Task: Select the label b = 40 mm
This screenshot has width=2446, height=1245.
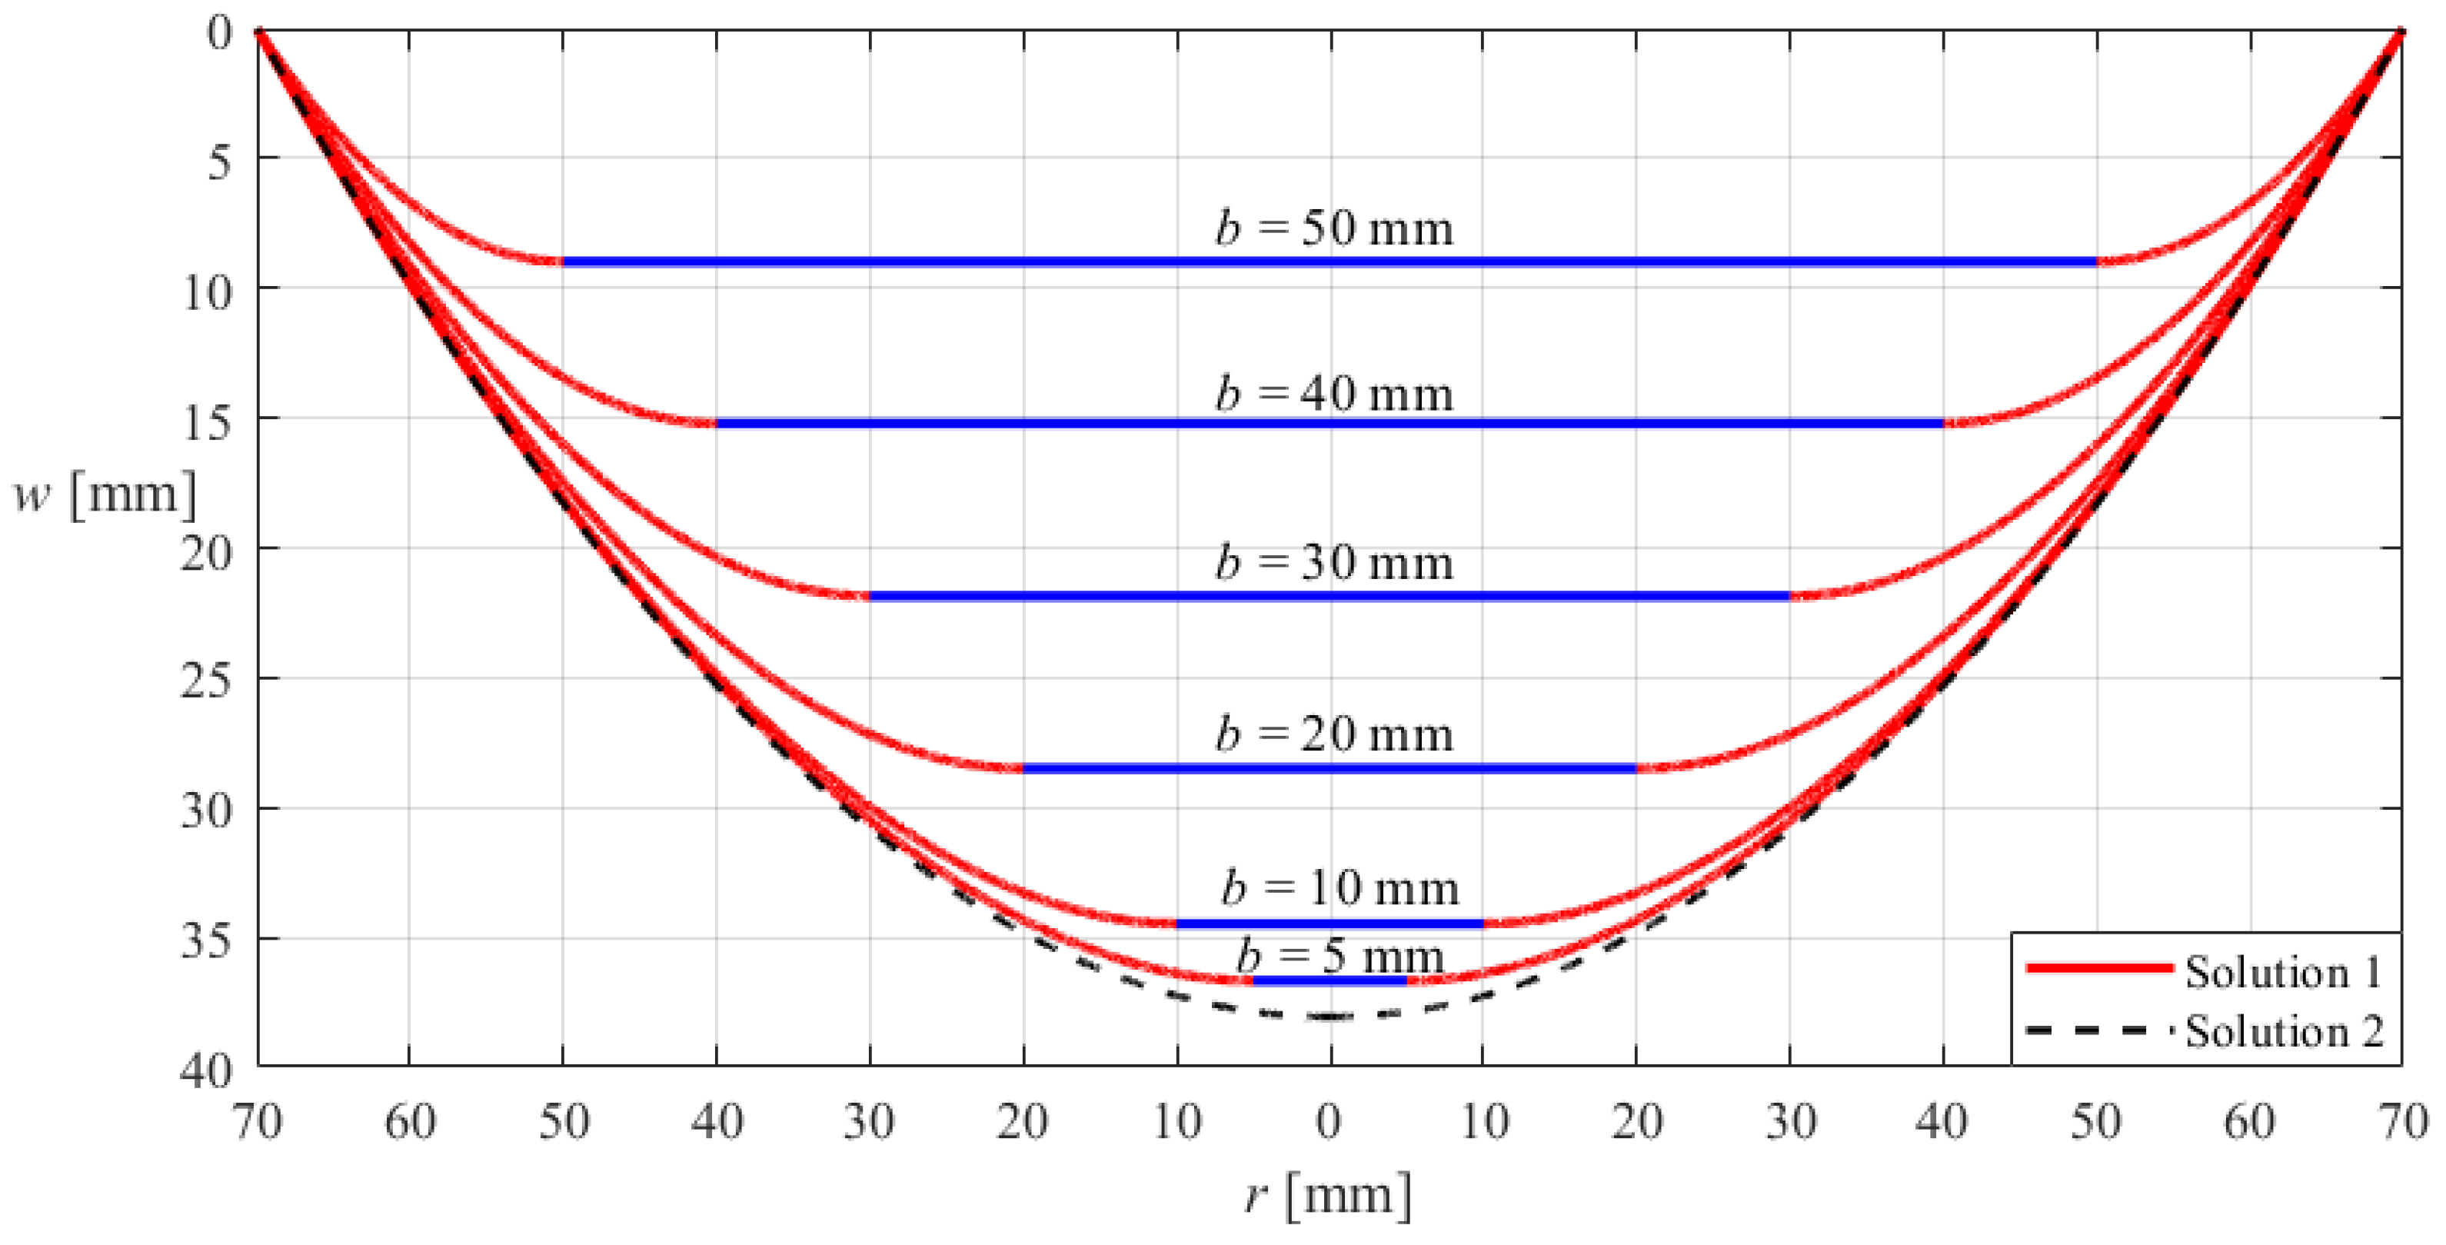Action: (1333, 394)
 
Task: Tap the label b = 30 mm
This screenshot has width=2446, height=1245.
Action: (1333, 563)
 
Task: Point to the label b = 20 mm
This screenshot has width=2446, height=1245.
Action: (1333, 734)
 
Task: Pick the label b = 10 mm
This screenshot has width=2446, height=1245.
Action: (1339, 888)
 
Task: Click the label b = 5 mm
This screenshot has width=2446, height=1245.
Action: (1339, 955)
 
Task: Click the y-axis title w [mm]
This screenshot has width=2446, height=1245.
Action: (105, 494)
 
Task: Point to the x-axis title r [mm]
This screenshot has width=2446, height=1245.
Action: (1327, 1196)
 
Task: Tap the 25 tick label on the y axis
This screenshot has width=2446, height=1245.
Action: (206, 680)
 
